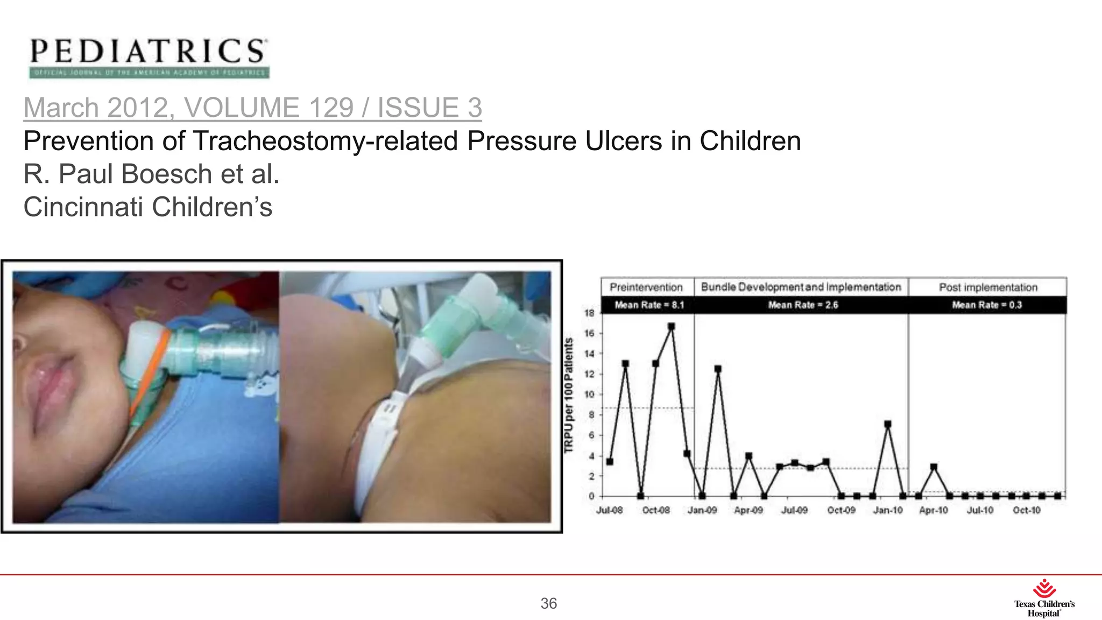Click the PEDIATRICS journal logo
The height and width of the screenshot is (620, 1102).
pyautogui.click(x=148, y=57)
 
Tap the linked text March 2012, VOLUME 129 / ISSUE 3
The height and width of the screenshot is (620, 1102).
pyautogui.click(x=252, y=107)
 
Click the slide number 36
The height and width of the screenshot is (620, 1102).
pyautogui.click(x=548, y=603)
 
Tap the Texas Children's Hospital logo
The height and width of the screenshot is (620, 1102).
pyautogui.click(x=1044, y=598)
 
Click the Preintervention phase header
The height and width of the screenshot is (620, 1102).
pyautogui.click(x=646, y=287)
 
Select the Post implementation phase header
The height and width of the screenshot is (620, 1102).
pyautogui.click(x=988, y=287)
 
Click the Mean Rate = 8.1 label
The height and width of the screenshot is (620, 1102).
pyautogui.click(x=649, y=305)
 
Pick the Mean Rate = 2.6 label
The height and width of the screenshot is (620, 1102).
pyautogui.click(x=803, y=305)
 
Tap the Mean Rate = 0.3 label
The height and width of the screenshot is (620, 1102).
pyautogui.click(x=987, y=305)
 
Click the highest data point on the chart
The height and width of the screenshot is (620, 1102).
pyautogui.click(x=671, y=327)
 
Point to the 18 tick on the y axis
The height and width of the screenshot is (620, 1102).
pyautogui.click(x=590, y=313)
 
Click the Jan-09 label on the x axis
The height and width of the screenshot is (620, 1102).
pyautogui.click(x=702, y=510)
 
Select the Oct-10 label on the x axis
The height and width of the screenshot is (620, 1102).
pyautogui.click(x=1027, y=510)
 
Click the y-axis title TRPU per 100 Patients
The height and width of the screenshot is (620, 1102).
pyautogui.click(x=569, y=396)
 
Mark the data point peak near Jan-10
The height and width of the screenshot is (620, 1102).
pyautogui.click(x=888, y=425)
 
